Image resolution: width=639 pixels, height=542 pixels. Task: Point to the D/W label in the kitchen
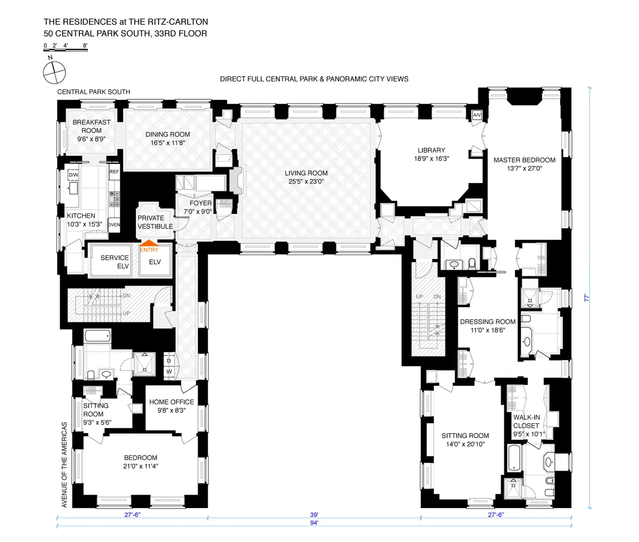click(x=73, y=175)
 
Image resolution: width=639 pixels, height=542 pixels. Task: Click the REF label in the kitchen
click(x=114, y=172)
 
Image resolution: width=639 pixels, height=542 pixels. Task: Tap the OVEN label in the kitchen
click(x=114, y=225)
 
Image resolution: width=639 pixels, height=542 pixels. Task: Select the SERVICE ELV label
click(x=114, y=262)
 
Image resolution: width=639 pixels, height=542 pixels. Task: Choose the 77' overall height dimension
click(x=589, y=299)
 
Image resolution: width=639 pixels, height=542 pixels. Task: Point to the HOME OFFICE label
click(x=171, y=402)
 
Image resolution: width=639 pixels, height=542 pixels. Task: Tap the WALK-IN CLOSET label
click(x=526, y=421)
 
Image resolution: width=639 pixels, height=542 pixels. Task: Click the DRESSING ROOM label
click(x=487, y=321)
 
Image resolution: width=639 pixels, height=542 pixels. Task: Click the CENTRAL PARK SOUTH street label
click(x=94, y=92)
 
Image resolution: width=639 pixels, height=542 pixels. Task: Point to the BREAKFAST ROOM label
click(x=92, y=126)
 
